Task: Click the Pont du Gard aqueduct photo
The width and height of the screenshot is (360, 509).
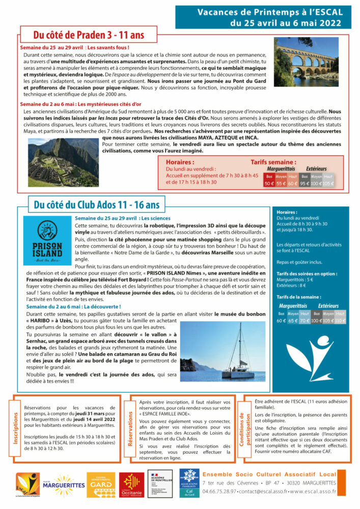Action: pos(307,62)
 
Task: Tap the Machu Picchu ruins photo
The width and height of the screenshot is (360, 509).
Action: pos(63,162)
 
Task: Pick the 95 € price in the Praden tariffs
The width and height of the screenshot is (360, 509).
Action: pos(305,183)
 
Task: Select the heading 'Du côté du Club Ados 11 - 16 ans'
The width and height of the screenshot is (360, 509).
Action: pos(96,205)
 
